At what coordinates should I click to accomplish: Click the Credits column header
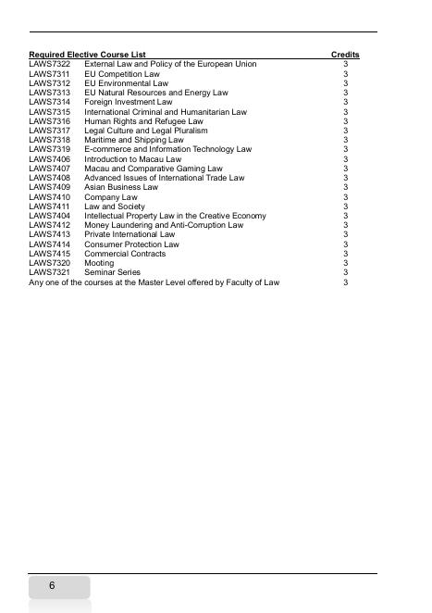345,55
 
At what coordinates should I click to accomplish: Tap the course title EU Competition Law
122,73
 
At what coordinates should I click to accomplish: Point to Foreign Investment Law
129,102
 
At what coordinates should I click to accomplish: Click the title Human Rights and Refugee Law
143,121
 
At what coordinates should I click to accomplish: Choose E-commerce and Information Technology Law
167,149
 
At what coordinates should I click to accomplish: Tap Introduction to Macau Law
133,159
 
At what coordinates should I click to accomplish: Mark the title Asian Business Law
121,187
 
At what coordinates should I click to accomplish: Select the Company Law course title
111,197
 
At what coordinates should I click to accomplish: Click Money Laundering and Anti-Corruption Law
164,225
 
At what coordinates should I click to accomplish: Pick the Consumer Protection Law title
131,244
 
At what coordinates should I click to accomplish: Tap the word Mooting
100,263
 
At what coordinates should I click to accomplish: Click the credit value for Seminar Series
345,272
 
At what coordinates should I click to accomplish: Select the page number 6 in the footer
52,586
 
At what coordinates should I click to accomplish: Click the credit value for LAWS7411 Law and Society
345,206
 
